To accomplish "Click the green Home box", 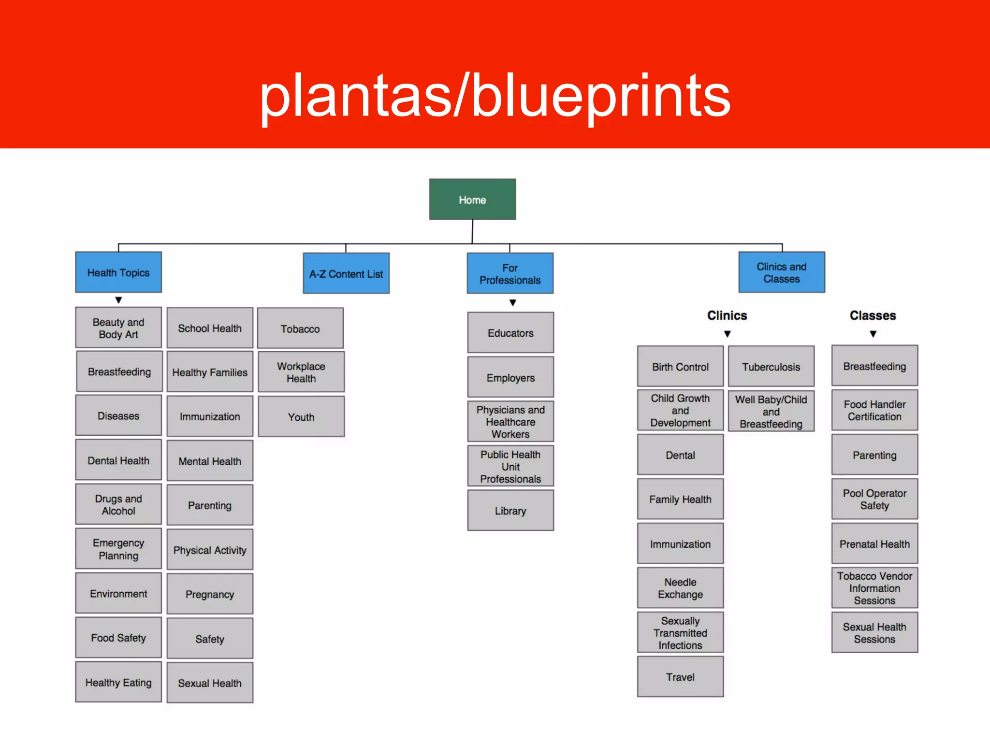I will coord(472,200).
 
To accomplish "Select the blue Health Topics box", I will coord(118,272).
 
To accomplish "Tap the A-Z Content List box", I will coord(346,274).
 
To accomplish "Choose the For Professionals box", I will coord(510,274).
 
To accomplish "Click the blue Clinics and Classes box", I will coord(782,272).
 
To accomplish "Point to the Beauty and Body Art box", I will coord(118,328).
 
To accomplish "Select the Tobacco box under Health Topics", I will coord(300,328).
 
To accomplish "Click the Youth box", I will coord(301,417).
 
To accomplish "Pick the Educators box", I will coord(510,333).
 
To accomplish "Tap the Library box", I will coord(510,511).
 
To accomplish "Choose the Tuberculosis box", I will coord(771,367).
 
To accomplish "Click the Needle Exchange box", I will coord(680,588).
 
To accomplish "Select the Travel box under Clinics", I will coord(680,677).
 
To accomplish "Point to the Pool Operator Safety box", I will coord(874,499).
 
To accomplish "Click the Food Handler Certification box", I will coord(874,410).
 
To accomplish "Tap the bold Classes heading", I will coord(873,315).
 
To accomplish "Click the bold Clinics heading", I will coord(727,315).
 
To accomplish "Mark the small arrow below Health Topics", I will coord(118,300).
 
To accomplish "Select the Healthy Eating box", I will coord(118,683).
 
